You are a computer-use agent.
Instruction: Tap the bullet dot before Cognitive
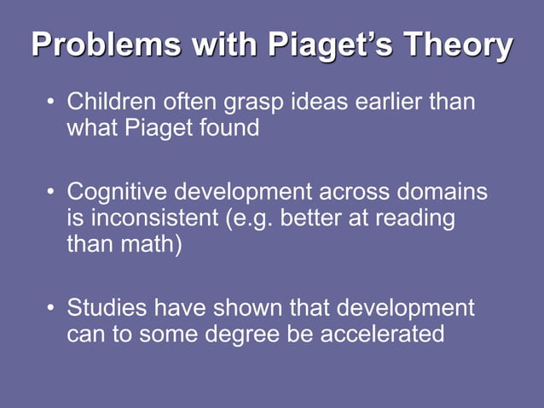tap(50, 192)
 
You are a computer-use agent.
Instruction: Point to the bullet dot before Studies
tap(50, 307)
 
